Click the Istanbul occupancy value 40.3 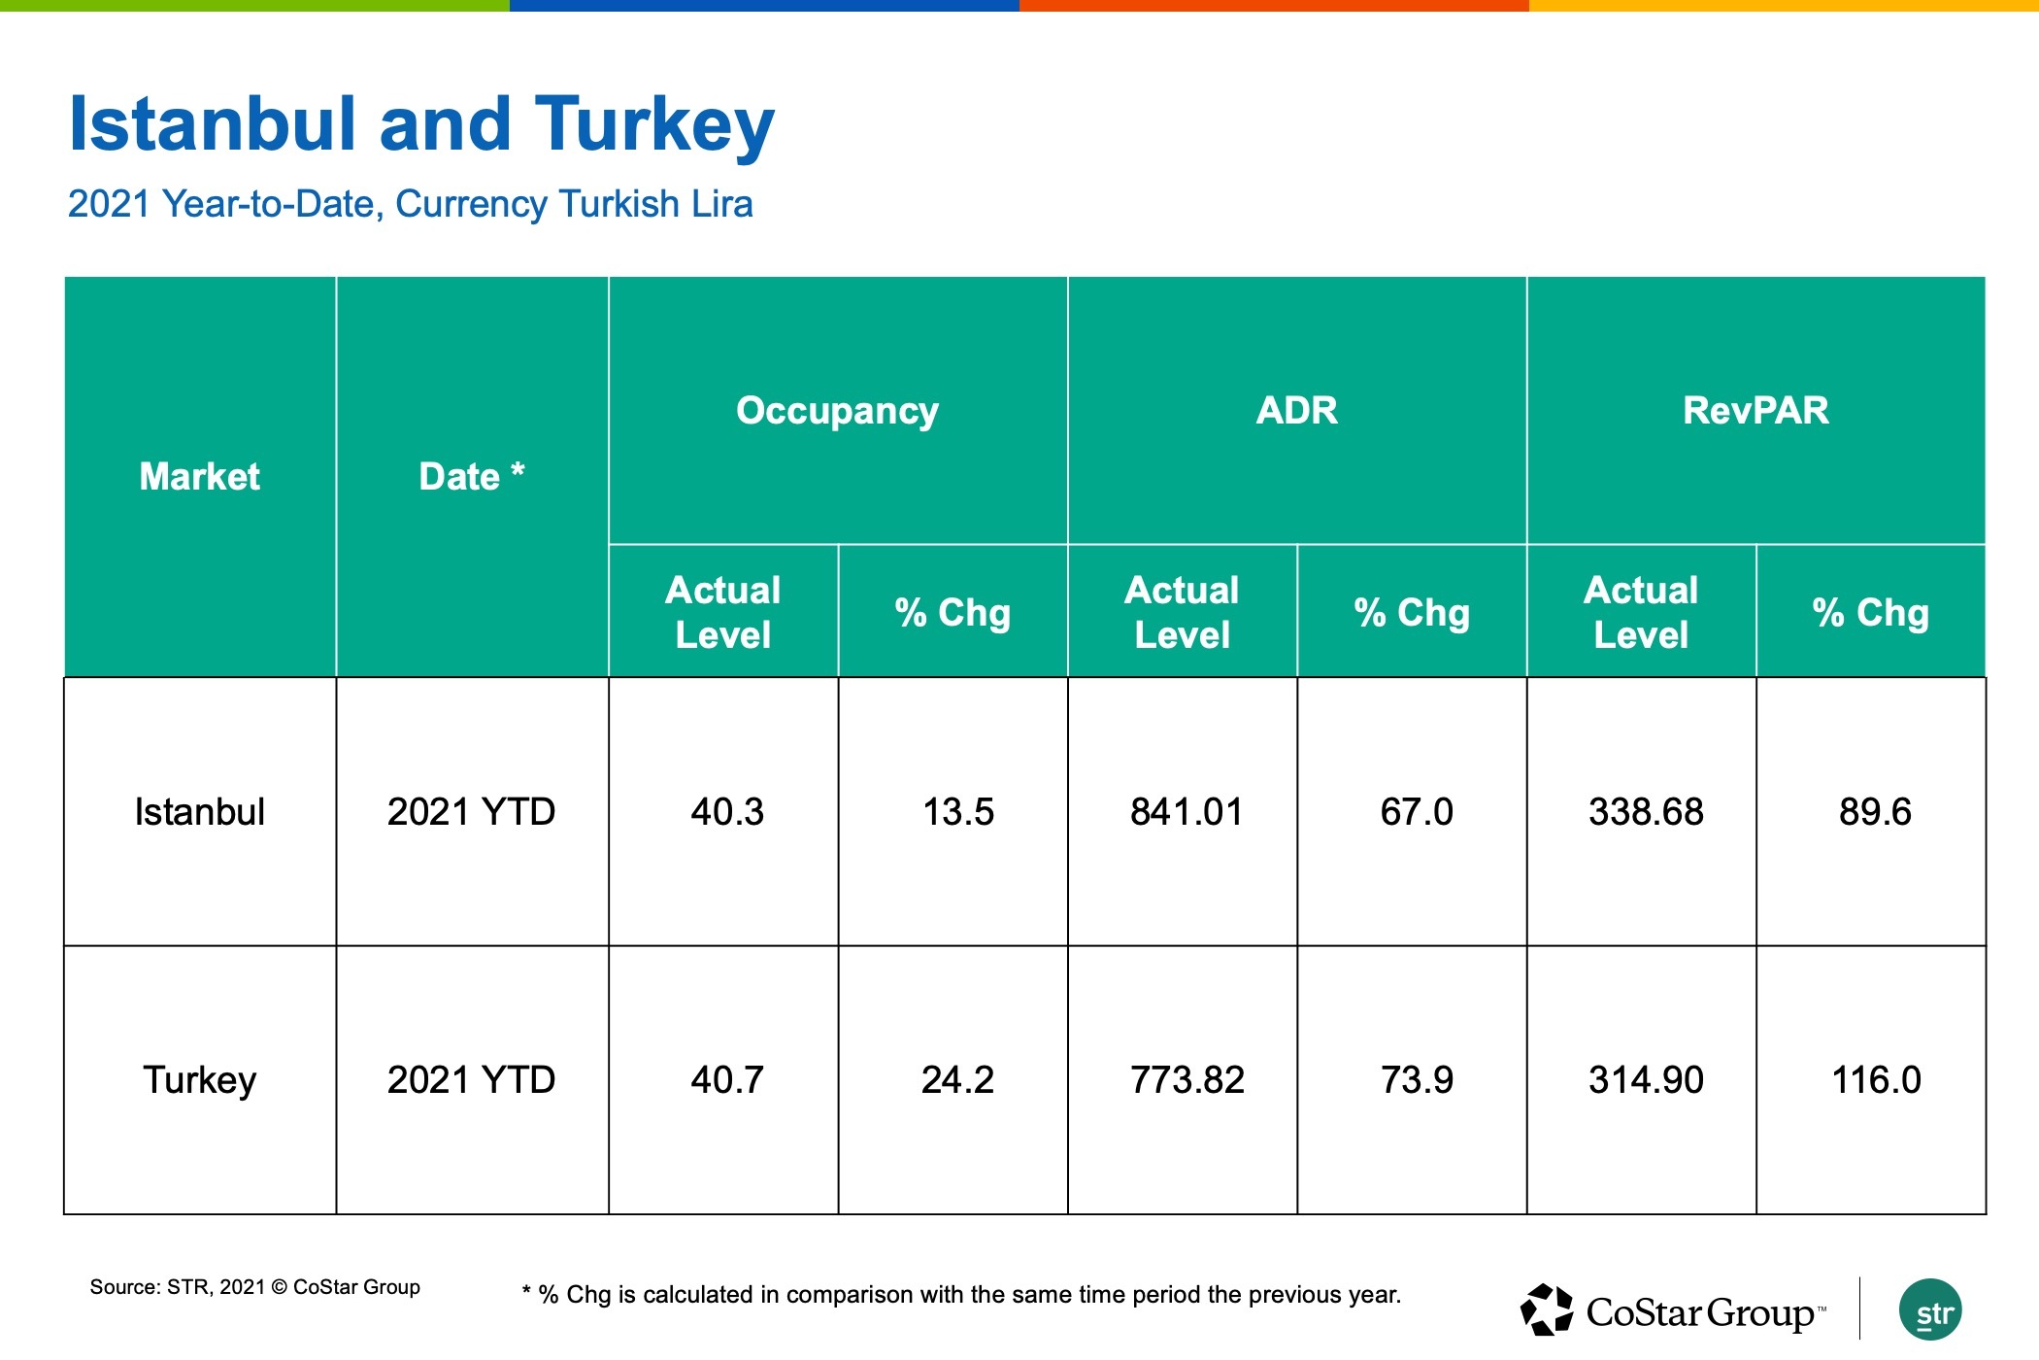(727, 812)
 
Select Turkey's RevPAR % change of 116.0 (1876, 1080)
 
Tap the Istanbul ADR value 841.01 (1187, 812)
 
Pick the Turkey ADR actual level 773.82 (1187, 1080)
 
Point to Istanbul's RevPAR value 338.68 (1646, 812)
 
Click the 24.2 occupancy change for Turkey (957, 1080)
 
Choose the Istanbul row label (200, 812)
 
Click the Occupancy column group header (837, 411)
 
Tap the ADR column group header (1297, 410)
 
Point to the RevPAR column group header (1755, 410)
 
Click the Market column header (200, 476)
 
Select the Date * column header (472, 476)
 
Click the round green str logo (1930, 1309)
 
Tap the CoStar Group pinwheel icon (1547, 1309)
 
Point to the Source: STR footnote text (254, 1287)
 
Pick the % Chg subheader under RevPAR (1870, 613)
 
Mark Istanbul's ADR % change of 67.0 (1417, 812)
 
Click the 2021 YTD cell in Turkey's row (471, 1080)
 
